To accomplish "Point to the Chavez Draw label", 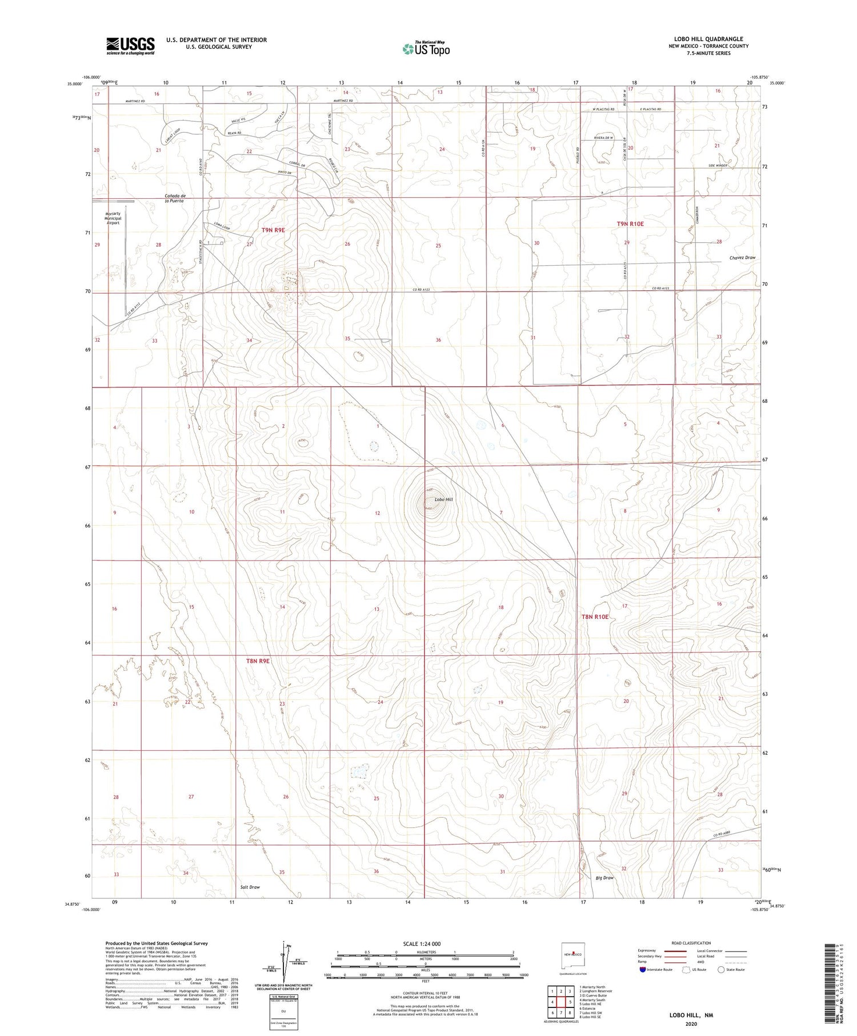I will coord(742,258).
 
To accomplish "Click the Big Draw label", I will coord(604,878).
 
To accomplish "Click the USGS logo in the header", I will coord(130,46).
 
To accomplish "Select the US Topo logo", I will coord(426,49).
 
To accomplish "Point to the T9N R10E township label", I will coord(630,224).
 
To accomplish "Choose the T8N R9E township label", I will coord(257,661).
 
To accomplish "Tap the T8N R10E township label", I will coord(595,617).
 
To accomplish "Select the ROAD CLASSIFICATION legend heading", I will coord(691,943).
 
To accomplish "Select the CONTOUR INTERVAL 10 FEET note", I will coord(425,993).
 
